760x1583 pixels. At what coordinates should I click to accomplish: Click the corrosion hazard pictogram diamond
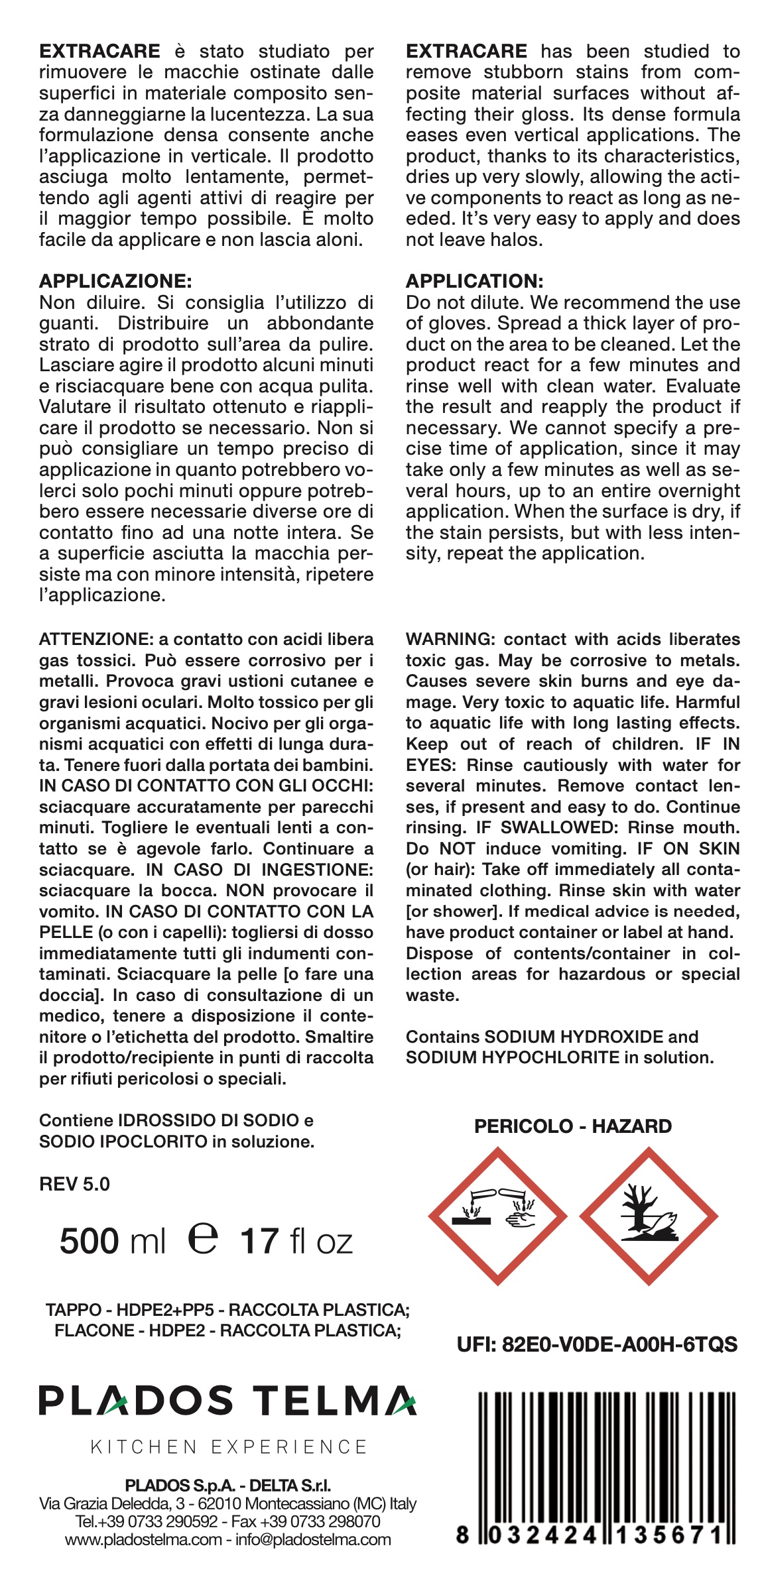[497, 1216]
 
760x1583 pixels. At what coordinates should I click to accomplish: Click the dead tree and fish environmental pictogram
[649, 1216]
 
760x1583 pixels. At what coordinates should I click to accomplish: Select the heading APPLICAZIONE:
[115, 281]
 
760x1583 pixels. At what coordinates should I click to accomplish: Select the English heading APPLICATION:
[474, 281]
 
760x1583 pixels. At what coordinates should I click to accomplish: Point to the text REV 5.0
[74, 1184]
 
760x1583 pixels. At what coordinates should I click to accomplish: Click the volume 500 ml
[112, 1241]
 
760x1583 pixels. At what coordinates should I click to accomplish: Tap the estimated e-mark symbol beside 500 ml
[202, 1238]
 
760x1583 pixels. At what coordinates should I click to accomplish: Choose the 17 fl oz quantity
[296, 1241]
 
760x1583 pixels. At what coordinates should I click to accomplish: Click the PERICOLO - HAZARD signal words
[573, 1126]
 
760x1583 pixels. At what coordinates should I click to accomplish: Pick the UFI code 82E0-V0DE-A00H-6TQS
[597, 1344]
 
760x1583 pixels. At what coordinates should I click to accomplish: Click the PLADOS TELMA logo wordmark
[227, 1400]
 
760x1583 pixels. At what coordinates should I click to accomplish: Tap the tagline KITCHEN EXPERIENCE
[229, 1447]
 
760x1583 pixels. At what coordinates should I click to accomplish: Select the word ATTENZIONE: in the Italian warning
[96, 640]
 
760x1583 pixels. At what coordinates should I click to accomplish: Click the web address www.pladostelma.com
[143, 1539]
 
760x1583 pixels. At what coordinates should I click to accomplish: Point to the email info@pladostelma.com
[313, 1539]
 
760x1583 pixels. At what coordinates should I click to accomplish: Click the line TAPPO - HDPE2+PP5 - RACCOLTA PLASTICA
[227, 1310]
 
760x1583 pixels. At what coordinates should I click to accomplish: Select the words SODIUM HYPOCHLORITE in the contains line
[513, 1058]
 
